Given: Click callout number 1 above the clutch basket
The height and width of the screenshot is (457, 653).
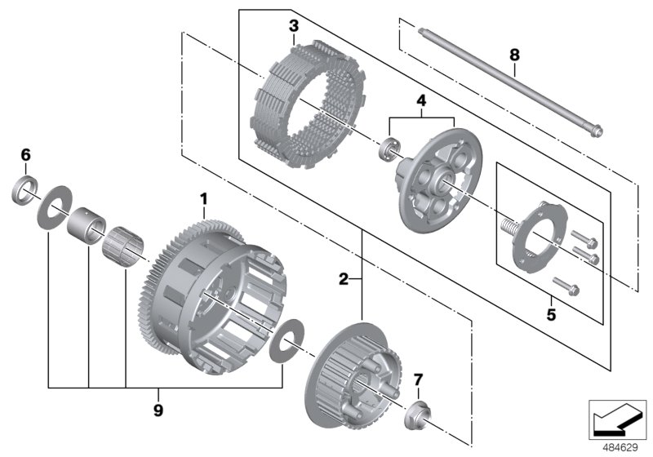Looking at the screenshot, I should pos(204,198).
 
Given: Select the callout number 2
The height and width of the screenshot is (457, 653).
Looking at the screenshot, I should pos(344,280).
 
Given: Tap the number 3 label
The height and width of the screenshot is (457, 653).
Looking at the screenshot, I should pos(293,27).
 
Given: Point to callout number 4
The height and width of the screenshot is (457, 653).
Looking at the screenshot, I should pos(420,101).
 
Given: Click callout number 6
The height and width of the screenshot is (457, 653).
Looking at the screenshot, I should pos(25,154).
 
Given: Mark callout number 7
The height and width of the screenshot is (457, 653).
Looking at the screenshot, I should pos(418,379).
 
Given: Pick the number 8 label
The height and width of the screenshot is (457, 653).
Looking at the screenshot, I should pos(513,55).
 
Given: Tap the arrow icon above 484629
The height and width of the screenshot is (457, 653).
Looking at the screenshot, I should pos(618,419).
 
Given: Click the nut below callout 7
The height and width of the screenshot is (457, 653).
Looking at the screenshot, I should pos(417,415).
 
